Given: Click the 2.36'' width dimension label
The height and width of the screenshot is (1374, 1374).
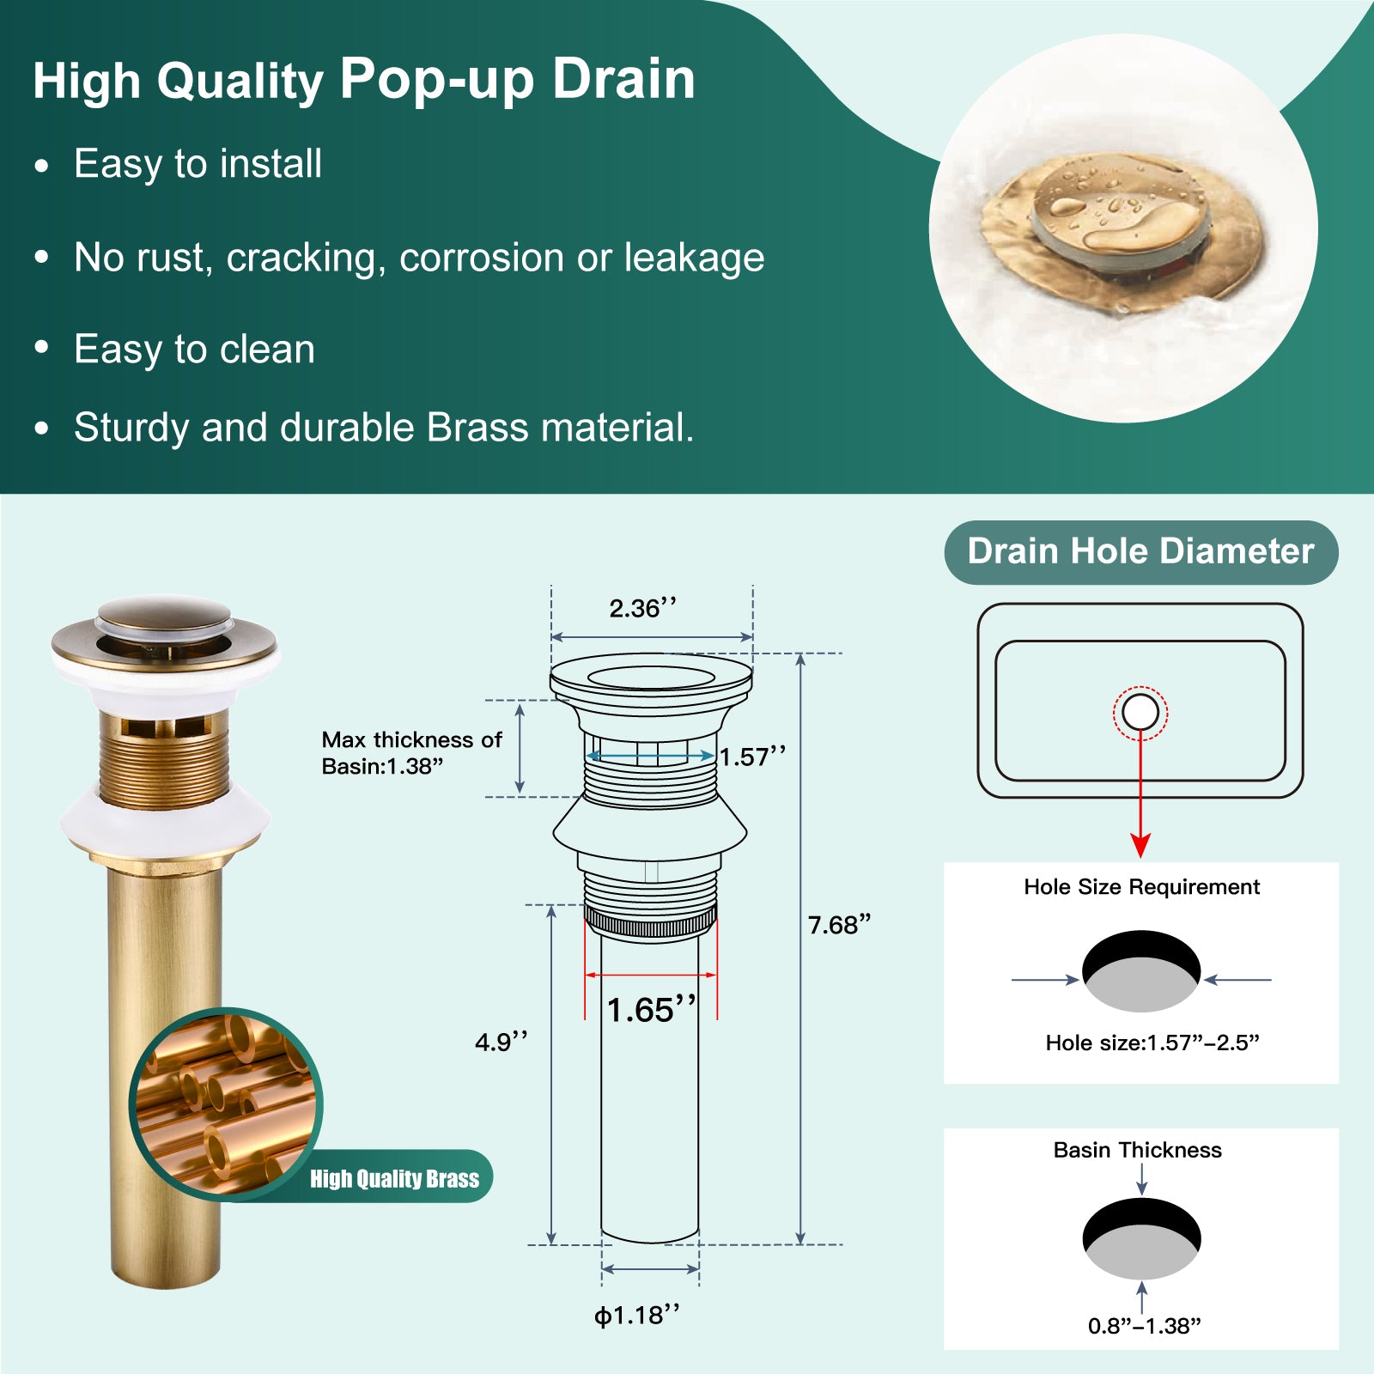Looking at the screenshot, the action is [x=643, y=608].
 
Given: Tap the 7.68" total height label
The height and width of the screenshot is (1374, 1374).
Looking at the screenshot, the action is [x=839, y=925].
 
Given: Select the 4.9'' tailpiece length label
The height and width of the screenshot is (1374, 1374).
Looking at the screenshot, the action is [x=502, y=1042].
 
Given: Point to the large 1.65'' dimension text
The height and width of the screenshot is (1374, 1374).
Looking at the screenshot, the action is [x=652, y=1010].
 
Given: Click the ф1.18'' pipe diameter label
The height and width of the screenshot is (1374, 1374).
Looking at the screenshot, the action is [x=637, y=1315].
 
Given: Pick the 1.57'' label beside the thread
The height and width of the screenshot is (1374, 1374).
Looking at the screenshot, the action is [x=752, y=757].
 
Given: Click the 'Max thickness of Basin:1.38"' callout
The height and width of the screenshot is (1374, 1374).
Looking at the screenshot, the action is [x=411, y=753].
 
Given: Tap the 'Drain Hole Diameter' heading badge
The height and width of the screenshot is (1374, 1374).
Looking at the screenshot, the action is [x=1141, y=552].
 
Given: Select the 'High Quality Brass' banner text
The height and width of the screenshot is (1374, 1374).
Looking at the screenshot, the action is [x=394, y=1178].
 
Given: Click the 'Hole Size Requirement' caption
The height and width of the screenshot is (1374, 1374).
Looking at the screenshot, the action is [x=1141, y=887].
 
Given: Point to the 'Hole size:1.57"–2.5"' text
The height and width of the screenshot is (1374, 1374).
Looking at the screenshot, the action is [x=1152, y=1043].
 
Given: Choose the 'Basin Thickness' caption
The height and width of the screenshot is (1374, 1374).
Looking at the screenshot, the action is [x=1137, y=1150].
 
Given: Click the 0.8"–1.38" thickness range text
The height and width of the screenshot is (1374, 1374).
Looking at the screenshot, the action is [x=1144, y=1326].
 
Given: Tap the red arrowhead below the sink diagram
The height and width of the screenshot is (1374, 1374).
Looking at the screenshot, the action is [x=1140, y=845].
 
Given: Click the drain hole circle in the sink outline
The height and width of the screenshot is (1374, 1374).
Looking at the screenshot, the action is [x=1140, y=712].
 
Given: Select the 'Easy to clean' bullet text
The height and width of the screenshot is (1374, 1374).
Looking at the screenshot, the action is [x=194, y=350].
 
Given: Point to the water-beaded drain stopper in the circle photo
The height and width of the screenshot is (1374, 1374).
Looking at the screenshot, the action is [x=1121, y=209].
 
